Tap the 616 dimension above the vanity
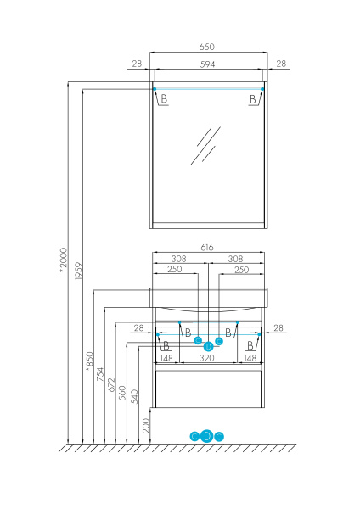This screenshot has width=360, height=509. pyautogui.click(x=208, y=247)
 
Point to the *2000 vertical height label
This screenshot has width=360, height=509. pyautogui.click(x=63, y=259)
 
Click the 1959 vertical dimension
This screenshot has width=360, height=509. pyautogui.click(x=77, y=271)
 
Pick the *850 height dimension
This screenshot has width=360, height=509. pyautogui.click(x=89, y=360)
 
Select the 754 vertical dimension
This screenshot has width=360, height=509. pyautogui.click(x=100, y=374)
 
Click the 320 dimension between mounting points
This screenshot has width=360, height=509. pyautogui.click(x=207, y=357)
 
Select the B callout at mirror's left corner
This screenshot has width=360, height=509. pyautogui.click(x=164, y=100)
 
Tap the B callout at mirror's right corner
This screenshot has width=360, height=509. pyautogui.click(x=252, y=100)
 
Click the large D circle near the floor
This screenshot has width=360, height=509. pyautogui.click(x=207, y=436)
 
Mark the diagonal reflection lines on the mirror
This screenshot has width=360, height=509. pyautogui.click(x=205, y=144)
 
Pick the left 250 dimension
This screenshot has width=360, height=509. pyautogui.click(x=175, y=270)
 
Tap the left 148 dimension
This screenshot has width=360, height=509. pyautogui.click(x=166, y=357)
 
